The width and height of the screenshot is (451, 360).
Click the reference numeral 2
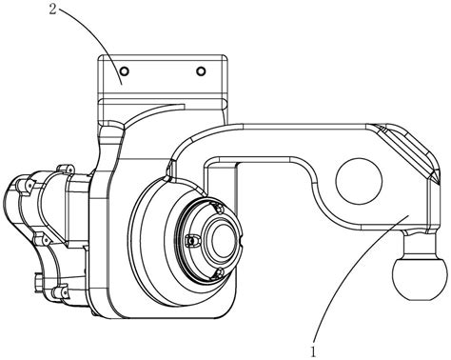52,9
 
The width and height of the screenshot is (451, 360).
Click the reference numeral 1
313,351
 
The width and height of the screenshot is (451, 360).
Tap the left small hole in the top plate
125,70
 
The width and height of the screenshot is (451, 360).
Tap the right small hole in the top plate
201,71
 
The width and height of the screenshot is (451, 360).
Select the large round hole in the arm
359,181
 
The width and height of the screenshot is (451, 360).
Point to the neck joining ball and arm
419,245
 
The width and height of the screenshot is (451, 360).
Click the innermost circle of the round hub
224,241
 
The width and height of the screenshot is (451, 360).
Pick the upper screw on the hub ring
219,209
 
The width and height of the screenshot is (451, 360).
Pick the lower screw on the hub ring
219,272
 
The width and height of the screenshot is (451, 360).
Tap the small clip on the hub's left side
191,241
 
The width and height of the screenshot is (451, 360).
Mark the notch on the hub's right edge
242,246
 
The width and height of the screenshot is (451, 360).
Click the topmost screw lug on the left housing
65,170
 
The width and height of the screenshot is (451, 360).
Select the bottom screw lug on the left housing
60,292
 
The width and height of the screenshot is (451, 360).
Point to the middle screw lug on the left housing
42,239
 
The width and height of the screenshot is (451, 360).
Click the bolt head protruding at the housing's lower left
39,281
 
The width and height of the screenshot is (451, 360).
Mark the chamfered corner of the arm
406,150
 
